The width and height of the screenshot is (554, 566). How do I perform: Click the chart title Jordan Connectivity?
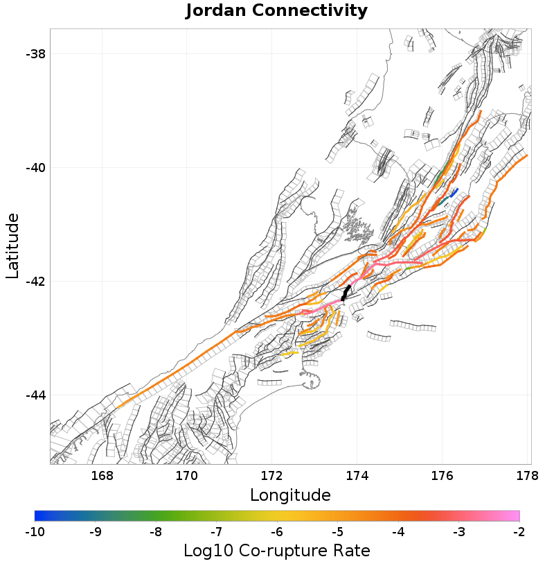276,11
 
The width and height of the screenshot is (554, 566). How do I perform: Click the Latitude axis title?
12,246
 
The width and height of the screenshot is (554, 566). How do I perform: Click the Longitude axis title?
290,495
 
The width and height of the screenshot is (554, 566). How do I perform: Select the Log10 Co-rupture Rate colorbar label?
276,551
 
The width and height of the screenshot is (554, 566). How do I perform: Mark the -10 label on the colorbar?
35,532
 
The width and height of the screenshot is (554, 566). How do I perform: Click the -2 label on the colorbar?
519,532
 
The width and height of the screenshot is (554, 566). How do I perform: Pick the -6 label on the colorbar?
277,532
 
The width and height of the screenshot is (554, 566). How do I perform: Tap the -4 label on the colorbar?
398,532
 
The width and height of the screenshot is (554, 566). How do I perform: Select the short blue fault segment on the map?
454,192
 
